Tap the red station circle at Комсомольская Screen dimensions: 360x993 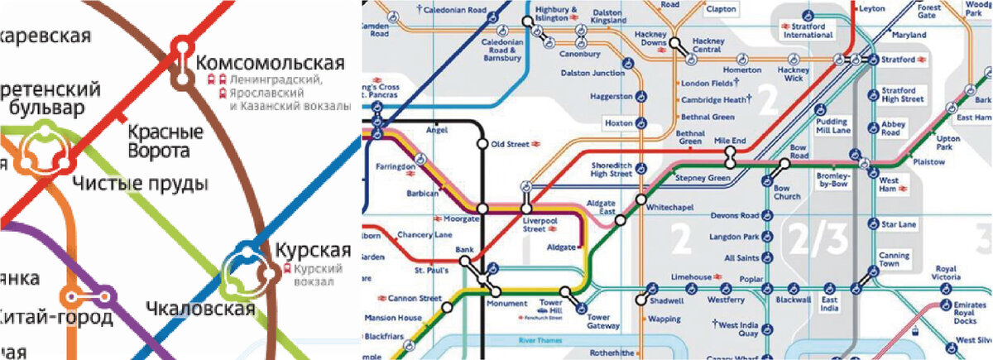[x=182, y=47]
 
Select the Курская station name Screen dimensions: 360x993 [x=307, y=250]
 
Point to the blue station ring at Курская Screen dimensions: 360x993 [x=246, y=252]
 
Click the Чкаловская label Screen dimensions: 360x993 [x=199, y=309]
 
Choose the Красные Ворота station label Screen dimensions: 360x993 [x=165, y=142]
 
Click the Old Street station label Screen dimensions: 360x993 [x=509, y=145]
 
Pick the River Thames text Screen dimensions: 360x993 [x=539, y=340]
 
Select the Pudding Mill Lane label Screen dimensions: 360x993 [x=832, y=126]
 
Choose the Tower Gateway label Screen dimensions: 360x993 [x=598, y=322]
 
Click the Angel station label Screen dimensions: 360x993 [x=436, y=130]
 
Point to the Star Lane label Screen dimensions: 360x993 [x=899, y=224]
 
